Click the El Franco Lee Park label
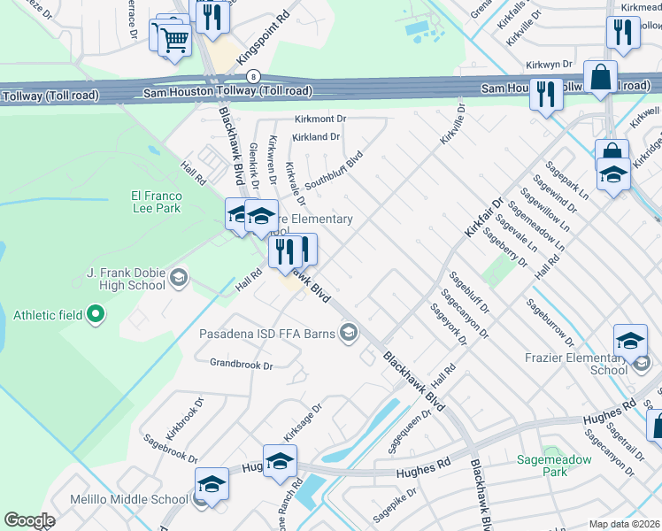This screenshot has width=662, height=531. (156, 202)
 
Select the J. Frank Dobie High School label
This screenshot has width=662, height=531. (126, 279)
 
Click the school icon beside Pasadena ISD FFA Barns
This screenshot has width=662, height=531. (350, 333)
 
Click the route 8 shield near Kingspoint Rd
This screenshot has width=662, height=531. (254, 76)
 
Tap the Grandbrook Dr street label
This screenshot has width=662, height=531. (241, 364)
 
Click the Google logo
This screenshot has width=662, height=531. (30, 519)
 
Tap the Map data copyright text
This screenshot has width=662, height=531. (624, 524)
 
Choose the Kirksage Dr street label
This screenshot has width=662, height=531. (302, 422)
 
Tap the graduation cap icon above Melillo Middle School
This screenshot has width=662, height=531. (212, 483)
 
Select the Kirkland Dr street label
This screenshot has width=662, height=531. (316, 137)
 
